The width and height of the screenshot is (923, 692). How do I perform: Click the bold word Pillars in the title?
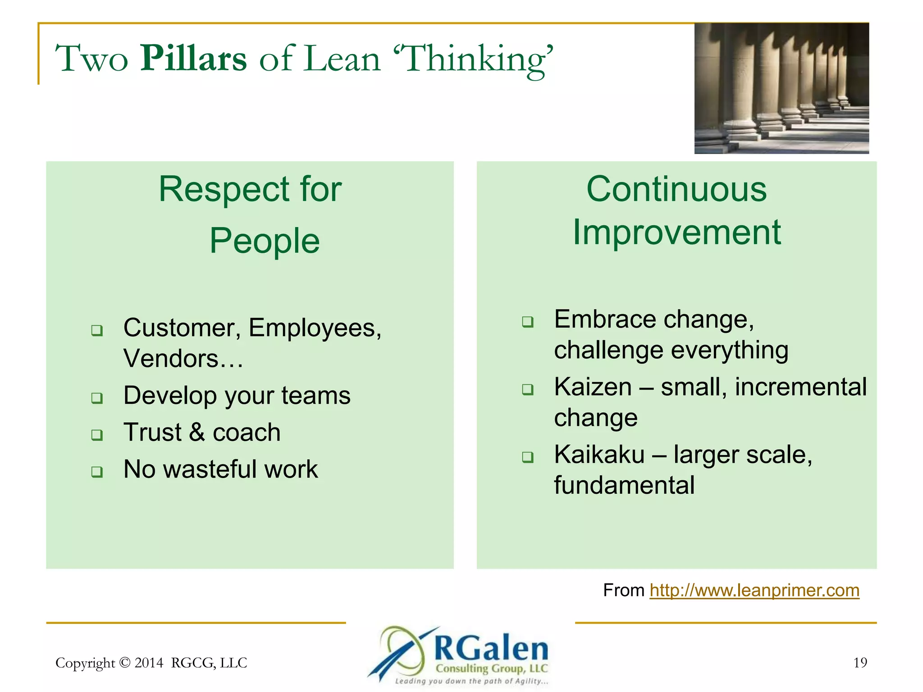coord(194,59)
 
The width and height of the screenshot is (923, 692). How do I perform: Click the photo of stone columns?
coord(781,88)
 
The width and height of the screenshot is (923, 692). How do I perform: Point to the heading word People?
coord(265,241)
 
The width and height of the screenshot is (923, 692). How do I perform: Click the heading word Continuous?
coord(676,189)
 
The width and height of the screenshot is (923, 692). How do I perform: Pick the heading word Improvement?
coord(676,232)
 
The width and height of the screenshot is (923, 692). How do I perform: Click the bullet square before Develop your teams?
coord(97,398)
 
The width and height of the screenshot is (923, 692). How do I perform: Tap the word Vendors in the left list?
coord(171,359)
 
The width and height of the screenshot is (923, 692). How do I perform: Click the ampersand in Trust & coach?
coord(196,432)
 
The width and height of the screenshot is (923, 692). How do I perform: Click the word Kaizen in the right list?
coord(593,387)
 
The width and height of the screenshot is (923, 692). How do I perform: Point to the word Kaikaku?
coord(599,455)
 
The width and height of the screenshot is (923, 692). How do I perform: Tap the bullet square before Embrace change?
coord(527,322)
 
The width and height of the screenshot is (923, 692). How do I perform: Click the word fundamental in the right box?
coord(624,486)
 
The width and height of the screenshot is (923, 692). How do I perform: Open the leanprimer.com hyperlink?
coord(754,590)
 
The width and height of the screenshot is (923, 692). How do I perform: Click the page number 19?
coord(860,663)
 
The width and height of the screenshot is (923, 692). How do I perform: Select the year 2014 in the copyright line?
coord(149,663)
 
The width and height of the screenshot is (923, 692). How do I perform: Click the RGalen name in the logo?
coord(491,649)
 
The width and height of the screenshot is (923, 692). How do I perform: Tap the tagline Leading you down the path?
coord(471,681)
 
